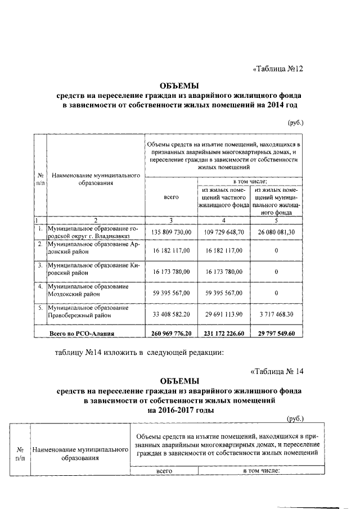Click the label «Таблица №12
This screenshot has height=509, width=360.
click(277, 69)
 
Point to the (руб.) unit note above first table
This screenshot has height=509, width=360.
click(295, 121)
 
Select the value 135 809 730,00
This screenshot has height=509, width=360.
click(171, 232)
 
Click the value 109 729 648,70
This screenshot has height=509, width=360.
click(223, 232)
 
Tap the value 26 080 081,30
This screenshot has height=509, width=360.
click(276, 232)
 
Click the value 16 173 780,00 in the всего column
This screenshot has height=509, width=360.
click(171, 271)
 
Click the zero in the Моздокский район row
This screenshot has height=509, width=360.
click(276, 293)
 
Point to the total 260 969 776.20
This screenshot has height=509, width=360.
click(171, 334)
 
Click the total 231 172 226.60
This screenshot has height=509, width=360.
click(223, 334)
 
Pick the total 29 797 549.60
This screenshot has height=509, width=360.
click(276, 334)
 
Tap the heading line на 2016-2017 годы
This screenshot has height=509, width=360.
click(179, 410)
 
